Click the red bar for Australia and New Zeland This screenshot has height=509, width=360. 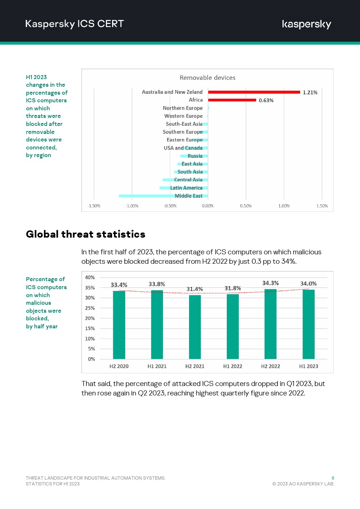[254, 92]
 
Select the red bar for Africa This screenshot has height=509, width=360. [232, 100]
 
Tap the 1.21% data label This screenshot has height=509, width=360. [310, 93]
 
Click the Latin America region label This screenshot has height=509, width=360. [186, 188]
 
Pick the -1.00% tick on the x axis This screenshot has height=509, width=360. [132, 206]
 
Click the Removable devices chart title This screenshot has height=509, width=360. [208, 78]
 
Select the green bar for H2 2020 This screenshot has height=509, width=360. [119, 325]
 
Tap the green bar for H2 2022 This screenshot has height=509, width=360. [270, 324]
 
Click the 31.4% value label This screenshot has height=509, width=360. [195, 289]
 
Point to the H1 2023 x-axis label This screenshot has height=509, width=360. [308, 366]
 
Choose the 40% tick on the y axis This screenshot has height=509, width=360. [90, 278]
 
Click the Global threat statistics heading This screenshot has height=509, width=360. [86, 234]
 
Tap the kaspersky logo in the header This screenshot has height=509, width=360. [306, 24]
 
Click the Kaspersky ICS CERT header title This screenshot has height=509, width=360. [74, 24]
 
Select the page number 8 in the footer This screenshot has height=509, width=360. [333, 478]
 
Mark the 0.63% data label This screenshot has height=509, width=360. [266, 100]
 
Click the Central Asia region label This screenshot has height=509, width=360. [188, 180]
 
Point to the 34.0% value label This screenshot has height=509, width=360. [308, 284]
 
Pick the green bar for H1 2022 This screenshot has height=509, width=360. [233, 327]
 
